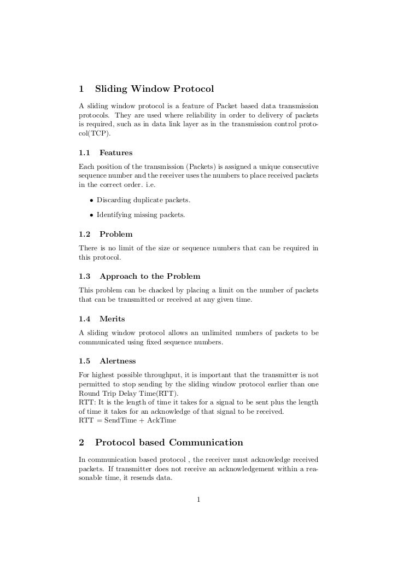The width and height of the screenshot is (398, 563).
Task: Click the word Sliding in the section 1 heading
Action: (x=112, y=89)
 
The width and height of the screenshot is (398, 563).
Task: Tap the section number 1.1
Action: (x=86, y=153)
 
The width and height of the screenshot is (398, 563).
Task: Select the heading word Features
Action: (x=116, y=153)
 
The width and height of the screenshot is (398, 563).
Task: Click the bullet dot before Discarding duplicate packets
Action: (x=91, y=200)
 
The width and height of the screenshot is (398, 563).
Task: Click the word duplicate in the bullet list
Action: (x=145, y=200)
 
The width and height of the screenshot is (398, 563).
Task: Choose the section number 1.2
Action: (x=86, y=234)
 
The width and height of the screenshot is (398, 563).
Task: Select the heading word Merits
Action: (x=112, y=319)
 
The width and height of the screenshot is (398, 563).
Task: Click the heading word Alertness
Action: (x=118, y=361)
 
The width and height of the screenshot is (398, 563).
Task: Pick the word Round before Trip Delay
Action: (x=90, y=394)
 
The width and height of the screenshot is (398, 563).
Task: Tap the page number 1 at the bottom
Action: (x=199, y=499)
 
